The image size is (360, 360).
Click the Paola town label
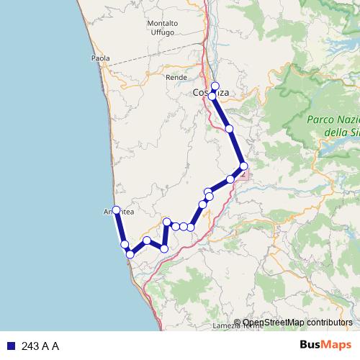pos(100,58)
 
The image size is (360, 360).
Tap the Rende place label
pos(176,76)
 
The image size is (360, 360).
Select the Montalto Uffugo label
pos(163,28)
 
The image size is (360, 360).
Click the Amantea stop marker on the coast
pos(116,210)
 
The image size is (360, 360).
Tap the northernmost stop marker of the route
pos(215,86)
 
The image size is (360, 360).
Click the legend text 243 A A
pos(40,346)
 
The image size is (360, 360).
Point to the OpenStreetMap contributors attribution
pos(292,323)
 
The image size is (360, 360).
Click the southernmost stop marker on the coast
pos(130,254)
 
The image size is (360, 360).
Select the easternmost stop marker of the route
pos(244,166)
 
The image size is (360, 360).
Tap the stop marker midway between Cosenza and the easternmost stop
pos(229,129)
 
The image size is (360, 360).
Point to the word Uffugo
pos(163,33)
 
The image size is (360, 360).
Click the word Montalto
pos(163,23)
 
